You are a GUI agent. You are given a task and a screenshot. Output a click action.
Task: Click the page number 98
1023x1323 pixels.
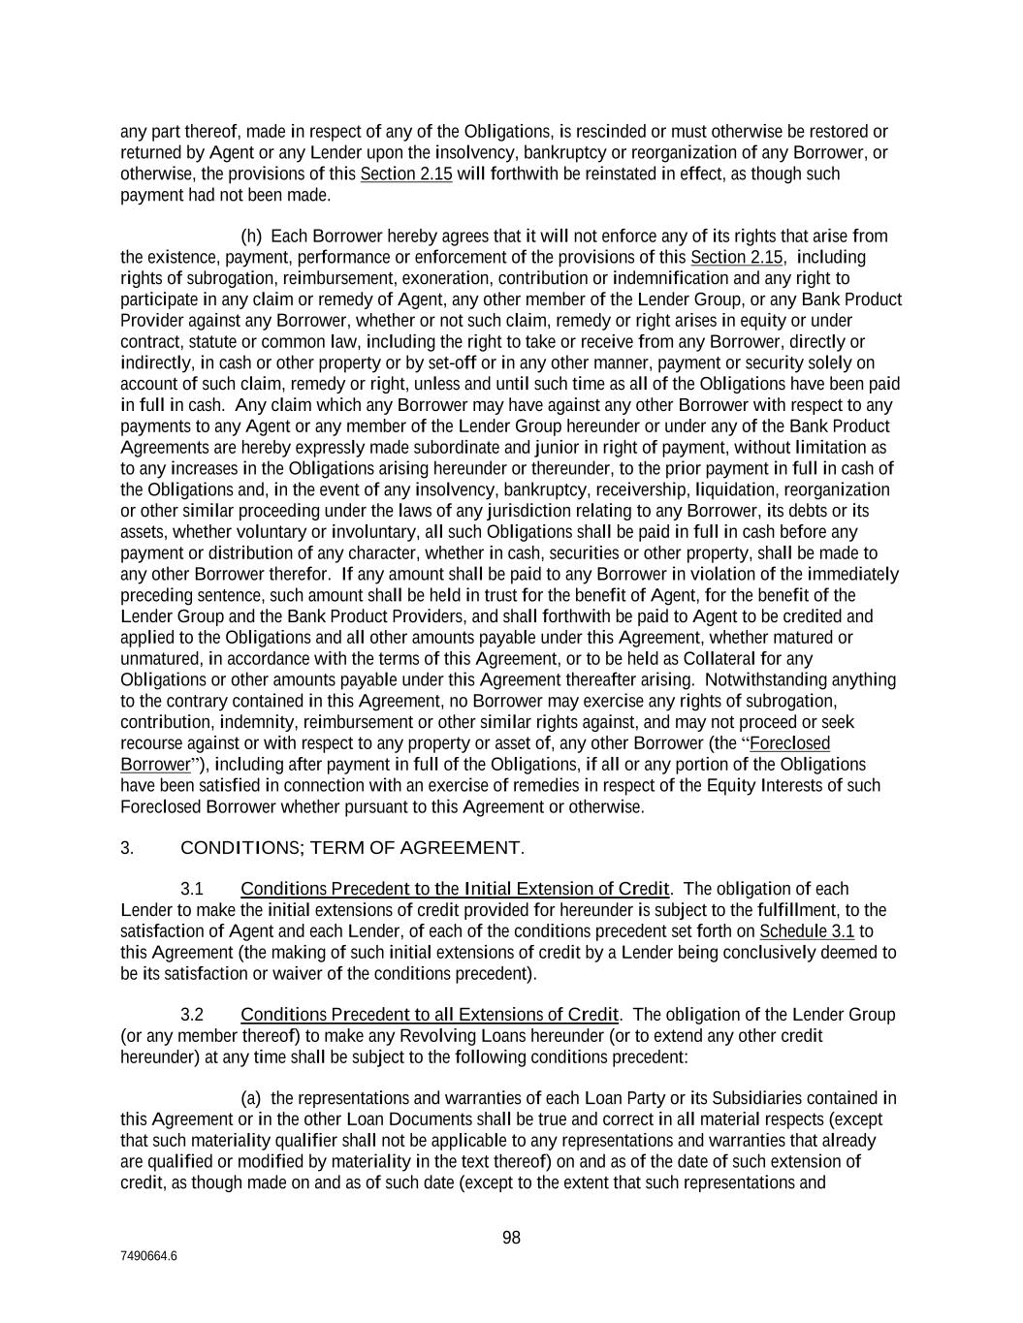click(511, 1238)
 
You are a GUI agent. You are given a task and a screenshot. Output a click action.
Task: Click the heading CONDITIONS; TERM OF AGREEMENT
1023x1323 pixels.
click(352, 848)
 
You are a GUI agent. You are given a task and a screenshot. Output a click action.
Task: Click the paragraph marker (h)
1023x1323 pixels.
click(251, 236)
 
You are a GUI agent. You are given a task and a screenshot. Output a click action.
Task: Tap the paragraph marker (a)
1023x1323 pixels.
click(251, 1098)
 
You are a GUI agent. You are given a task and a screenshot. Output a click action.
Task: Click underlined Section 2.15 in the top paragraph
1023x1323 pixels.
click(406, 174)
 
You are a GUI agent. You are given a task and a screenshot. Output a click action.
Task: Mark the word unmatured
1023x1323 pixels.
click(160, 659)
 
